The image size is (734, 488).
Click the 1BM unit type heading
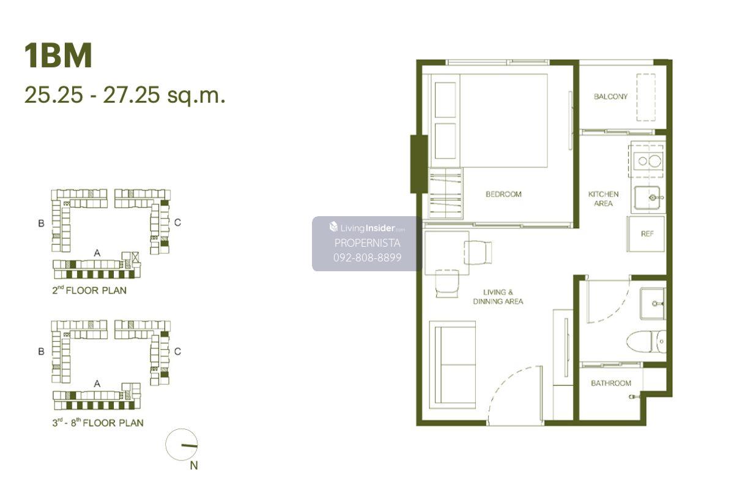pyautogui.click(x=58, y=56)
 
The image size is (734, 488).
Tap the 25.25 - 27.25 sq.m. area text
pyautogui.click(x=125, y=95)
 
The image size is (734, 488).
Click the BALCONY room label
pyautogui.click(x=610, y=96)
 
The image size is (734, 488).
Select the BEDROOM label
pyautogui.click(x=503, y=194)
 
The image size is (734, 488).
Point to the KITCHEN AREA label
pyautogui.click(x=603, y=199)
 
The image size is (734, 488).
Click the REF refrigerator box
pyautogui.click(x=646, y=234)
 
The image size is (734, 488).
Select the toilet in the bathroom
pyautogui.click(x=646, y=342)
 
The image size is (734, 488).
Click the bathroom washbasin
pyautogui.click(x=653, y=304)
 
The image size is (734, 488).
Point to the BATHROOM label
pyautogui.click(x=611, y=383)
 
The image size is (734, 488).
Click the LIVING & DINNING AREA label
pyautogui.click(x=498, y=297)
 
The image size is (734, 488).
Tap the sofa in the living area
pyautogui.click(x=453, y=365)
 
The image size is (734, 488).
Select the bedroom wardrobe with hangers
pyautogui.click(x=445, y=193)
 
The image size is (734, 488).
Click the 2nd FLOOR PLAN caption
pyautogui.click(x=89, y=290)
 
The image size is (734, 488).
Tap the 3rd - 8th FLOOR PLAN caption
pyautogui.click(x=98, y=422)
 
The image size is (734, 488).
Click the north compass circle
pyautogui.click(x=182, y=445)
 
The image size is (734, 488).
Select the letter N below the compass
pyautogui.click(x=194, y=466)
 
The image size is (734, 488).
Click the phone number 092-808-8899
pyautogui.click(x=367, y=257)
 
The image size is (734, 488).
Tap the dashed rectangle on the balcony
pyautogui.click(x=646, y=97)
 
